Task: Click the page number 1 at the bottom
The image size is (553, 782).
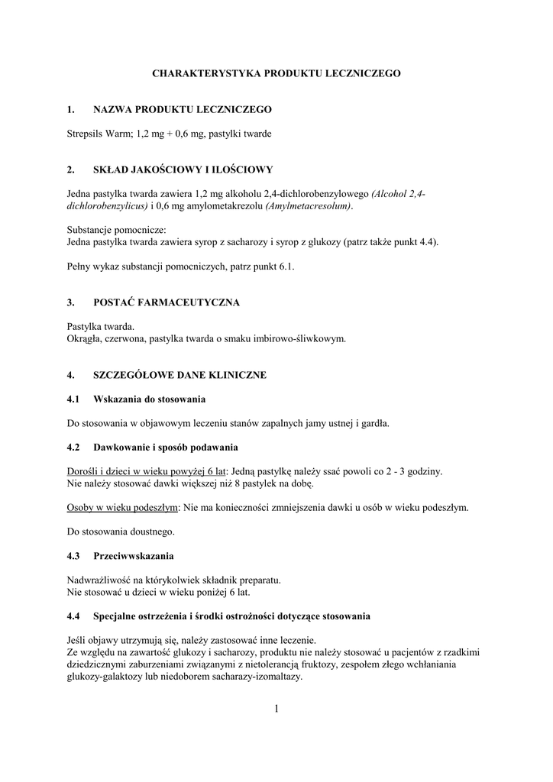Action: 276,709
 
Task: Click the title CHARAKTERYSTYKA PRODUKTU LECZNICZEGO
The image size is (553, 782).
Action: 276,73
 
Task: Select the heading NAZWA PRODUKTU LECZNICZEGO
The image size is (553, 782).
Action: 183,110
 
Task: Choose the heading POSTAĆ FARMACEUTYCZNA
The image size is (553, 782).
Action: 167,302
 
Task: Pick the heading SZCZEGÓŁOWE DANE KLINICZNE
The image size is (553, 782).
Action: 179,376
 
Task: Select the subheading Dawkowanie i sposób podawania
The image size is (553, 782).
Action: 166,446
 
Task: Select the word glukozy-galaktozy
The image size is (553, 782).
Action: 108,677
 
